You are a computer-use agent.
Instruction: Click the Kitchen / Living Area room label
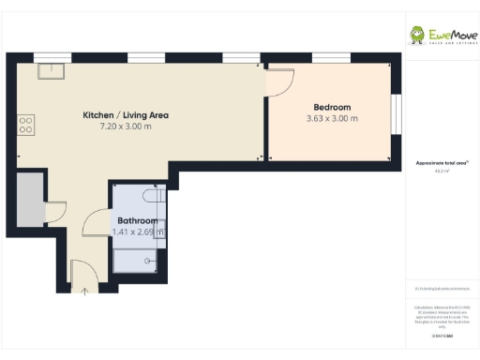(126, 115)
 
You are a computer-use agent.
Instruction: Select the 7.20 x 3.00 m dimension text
(126, 127)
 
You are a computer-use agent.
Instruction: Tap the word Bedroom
(331, 107)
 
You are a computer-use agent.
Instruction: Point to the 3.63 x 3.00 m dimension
(331, 119)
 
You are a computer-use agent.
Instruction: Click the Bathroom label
(137, 220)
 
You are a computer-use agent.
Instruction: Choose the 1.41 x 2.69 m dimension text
(138, 232)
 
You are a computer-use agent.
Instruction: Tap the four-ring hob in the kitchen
(24, 123)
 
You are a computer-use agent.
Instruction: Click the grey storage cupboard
(29, 199)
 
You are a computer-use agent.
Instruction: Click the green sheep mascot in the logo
(417, 36)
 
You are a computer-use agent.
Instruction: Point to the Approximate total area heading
(441, 163)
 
